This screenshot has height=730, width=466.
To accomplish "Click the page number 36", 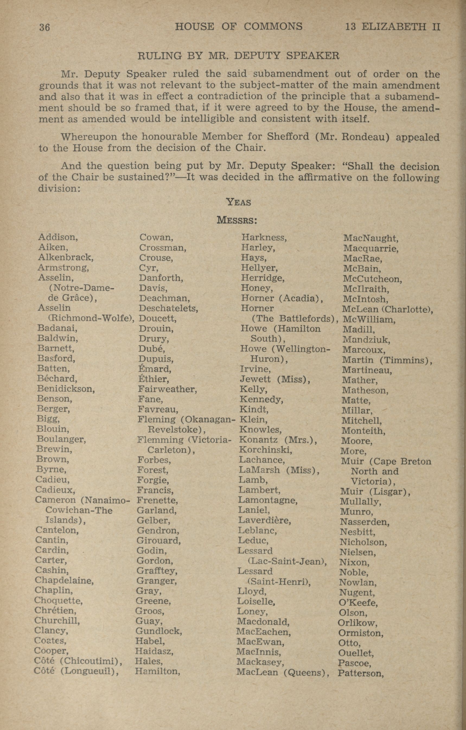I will coord(44,28).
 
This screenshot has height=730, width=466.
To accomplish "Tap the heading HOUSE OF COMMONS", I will coord(239,27).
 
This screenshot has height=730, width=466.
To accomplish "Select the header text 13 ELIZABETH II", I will coord(392,27).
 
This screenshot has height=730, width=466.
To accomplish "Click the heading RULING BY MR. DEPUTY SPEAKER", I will coord(238,56).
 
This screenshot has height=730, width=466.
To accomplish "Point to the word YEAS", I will coord(239,202).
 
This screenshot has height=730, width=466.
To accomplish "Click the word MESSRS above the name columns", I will coord(237,220).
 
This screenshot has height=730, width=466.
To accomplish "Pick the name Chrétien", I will coord(55,610).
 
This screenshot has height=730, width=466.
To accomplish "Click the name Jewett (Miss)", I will coord(275,379).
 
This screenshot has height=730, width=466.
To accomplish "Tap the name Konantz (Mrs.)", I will coord(278,440).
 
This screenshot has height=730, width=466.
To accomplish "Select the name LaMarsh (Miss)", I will coord(279,470).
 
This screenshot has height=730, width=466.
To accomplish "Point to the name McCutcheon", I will coord(372,279).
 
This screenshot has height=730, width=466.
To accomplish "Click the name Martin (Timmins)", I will coord(387,360).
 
